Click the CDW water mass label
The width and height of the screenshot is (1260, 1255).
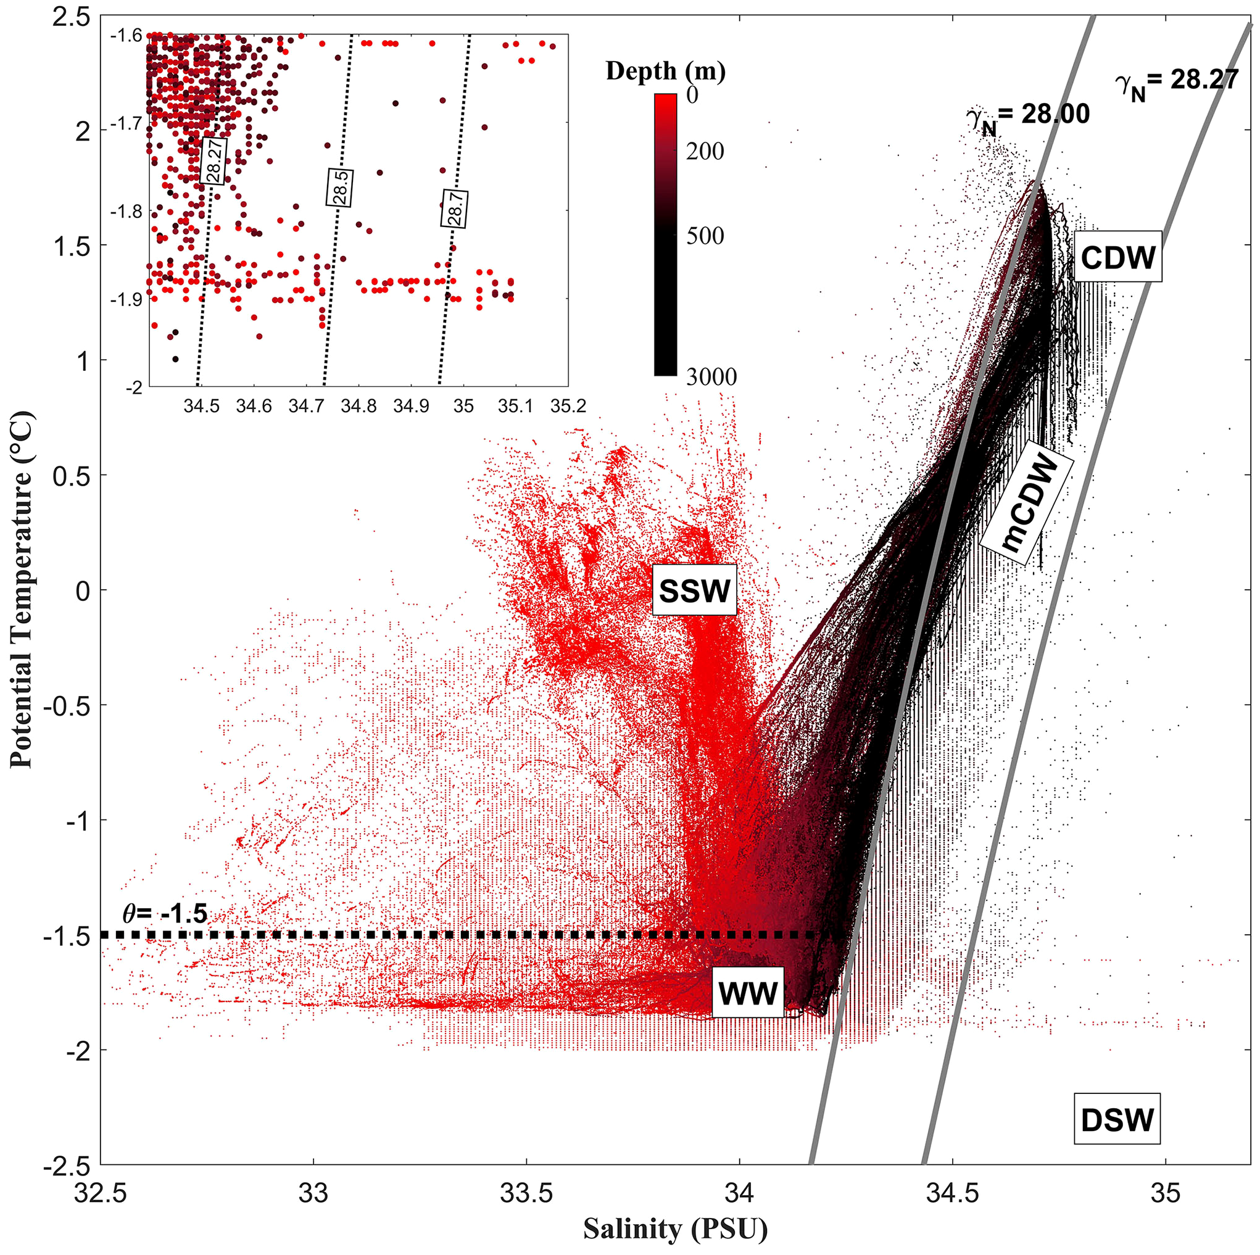(1118, 257)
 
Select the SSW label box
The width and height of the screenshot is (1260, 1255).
(695, 590)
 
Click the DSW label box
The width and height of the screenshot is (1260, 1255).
(1117, 1120)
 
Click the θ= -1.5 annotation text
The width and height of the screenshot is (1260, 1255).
(165, 913)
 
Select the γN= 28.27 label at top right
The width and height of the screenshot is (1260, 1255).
(1177, 81)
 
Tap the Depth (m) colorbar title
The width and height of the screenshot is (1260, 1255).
(665, 70)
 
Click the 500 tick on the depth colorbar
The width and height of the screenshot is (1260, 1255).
(704, 236)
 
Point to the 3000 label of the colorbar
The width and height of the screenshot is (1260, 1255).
(711, 376)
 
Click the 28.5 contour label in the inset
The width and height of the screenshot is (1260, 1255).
(340, 187)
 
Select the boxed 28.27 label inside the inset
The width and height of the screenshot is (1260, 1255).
(213, 160)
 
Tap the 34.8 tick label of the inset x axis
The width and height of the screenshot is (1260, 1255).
(359, 407)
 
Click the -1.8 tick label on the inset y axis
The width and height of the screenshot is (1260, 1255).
(126, 212)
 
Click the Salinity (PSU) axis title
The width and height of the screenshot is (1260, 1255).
(675, 1229)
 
